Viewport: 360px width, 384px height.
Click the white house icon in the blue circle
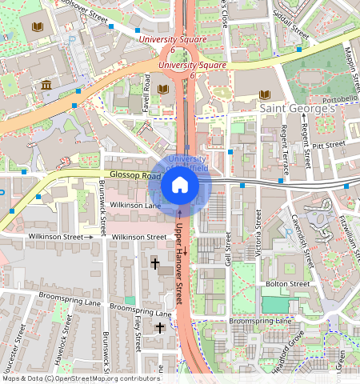click(x=180, y=186)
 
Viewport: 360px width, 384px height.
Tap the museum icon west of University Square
click(x=46, y=85)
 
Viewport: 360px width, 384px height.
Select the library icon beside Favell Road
click(x=163, y=90)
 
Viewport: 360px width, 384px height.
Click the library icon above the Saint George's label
click(x=265, y=94)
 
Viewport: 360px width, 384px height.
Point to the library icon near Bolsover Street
click(x=36, y=28)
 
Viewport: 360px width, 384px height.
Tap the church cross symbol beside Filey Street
click(x=159, y=327)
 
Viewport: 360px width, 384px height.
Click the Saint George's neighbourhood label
click(x=295, y=107)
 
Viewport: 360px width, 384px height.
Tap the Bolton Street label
click(x=287, y=284)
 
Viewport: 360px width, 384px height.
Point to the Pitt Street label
click(x=328, y=145)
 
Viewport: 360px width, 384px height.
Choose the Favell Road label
click(x=147, y=93)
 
